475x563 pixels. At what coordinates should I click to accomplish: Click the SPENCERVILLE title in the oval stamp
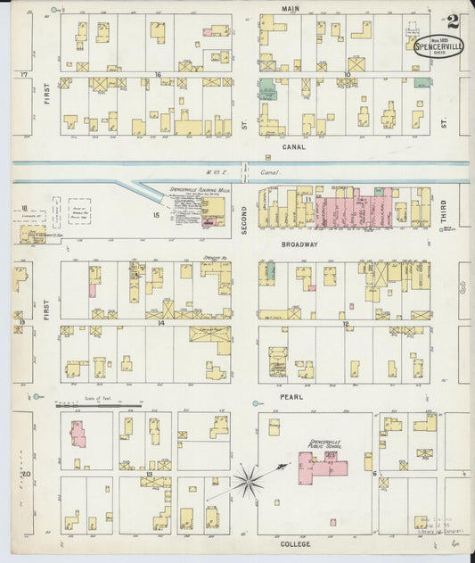tap(438, 46)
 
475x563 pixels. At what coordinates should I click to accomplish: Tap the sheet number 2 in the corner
tap(454, 21)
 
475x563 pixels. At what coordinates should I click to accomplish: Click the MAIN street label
tap(291, 9)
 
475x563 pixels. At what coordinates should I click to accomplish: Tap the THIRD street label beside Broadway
tap(443, 212)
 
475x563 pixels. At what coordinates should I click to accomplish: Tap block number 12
tap(345, 324)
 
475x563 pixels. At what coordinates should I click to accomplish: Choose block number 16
tap(158, 75)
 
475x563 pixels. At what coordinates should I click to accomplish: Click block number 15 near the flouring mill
tap(155, 214)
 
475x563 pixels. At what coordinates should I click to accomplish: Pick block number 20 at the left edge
tap(26, 474)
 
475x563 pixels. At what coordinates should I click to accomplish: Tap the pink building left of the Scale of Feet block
tap(78, 433)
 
